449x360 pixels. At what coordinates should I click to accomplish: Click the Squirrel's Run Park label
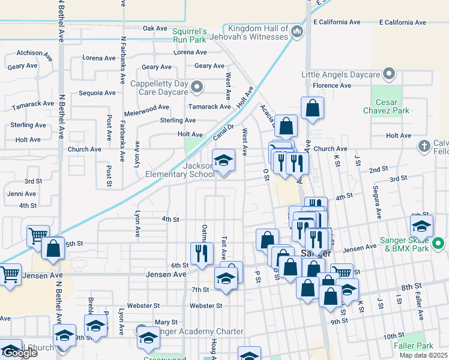[x=189, y=35]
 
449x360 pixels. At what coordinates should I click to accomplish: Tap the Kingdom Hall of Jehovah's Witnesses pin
[x=296, y=31]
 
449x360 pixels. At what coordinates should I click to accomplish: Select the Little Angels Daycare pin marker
[x=390, y=74]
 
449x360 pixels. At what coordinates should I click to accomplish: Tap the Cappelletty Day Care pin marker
[x=197, y=89]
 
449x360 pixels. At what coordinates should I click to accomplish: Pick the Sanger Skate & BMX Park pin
[x=438, y=244]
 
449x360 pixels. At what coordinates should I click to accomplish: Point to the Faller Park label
[x=414, y=346]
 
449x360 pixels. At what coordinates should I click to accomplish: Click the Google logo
[x=20, y=353]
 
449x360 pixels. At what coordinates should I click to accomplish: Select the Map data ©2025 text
[x=424, y=355]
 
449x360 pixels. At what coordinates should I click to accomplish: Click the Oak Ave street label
[x=155, y=28]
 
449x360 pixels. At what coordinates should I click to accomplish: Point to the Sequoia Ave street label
[x=97, y=93]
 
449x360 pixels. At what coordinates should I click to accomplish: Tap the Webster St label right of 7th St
[x=206, y=305]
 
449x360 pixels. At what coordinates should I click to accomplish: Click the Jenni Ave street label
[x=22, y=194]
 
